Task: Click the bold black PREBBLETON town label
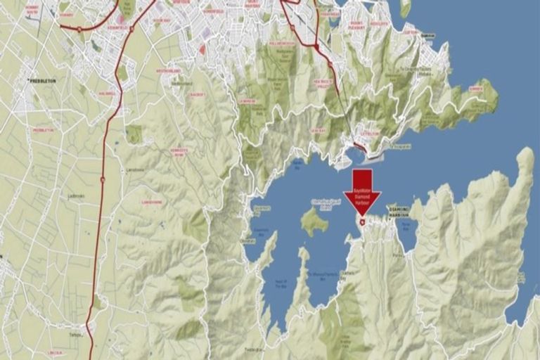point(42,81)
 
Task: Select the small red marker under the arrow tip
point(362,222)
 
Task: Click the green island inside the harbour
point(314,222)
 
